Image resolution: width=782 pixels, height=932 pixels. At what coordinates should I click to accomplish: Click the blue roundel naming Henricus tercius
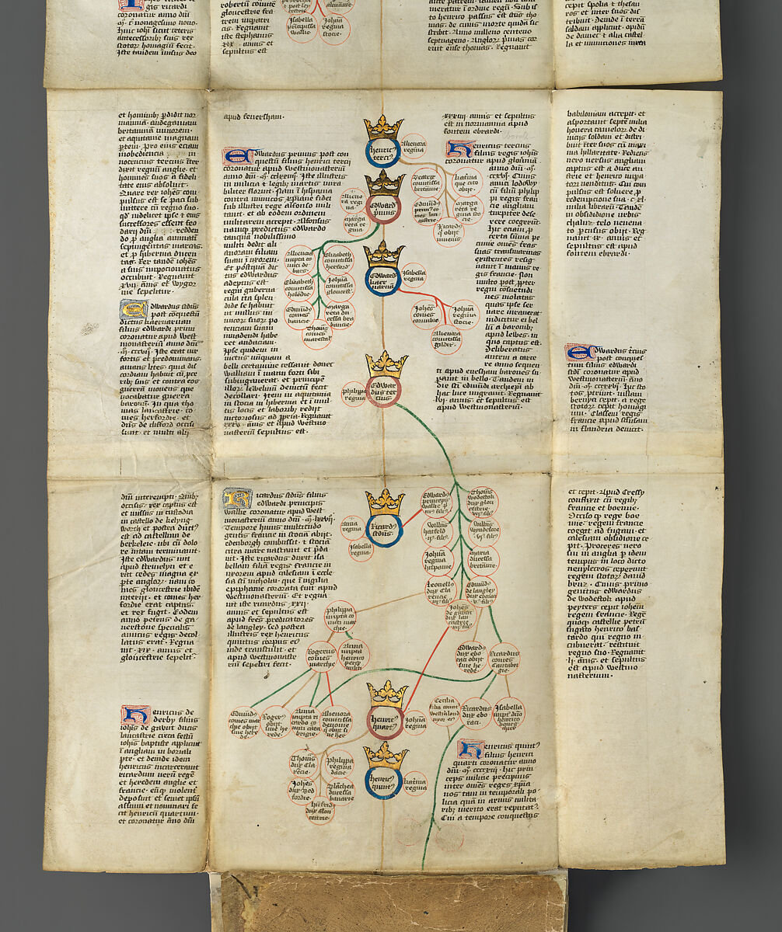382,152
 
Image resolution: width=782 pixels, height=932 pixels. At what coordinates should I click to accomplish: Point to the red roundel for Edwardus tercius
384,391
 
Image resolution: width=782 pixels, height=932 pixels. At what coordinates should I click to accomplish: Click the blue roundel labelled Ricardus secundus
385,530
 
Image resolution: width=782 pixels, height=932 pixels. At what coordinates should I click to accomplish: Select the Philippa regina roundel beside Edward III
354,391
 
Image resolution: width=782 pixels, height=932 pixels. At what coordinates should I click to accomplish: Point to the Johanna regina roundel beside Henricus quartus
415,722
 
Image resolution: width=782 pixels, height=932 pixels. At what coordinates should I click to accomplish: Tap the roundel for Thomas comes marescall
316,335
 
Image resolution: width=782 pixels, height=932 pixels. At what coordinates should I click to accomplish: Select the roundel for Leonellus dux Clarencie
438,591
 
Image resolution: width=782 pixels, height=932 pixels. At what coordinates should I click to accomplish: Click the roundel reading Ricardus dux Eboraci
475,714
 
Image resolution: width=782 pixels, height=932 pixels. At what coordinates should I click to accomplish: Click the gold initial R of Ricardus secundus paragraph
236,498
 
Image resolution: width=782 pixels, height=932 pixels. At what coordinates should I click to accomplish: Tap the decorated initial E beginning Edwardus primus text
236,158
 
